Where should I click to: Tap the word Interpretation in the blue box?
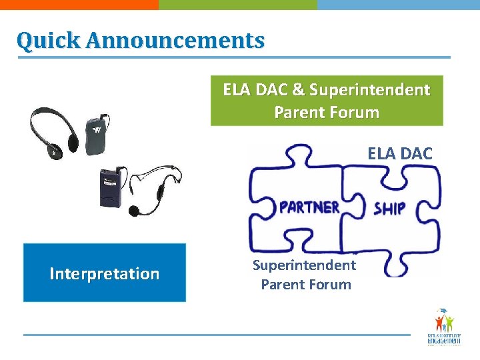click(x=105, y=273)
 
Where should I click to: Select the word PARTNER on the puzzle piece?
click(x=309, y=207)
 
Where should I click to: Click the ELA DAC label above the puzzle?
click(x=399, y=154)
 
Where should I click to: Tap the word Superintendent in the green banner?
click(x=369, y=89)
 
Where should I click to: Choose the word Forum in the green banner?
click(x=353, y=112)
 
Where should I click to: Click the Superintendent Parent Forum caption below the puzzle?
click(x=305, y=275)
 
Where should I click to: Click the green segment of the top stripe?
click(x=237, y=4)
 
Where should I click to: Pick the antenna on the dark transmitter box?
click(x=118, y=167)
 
